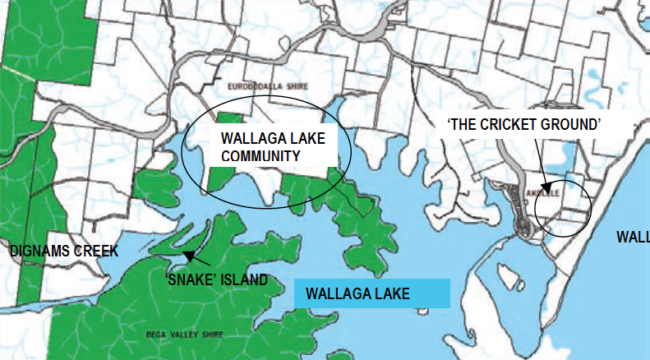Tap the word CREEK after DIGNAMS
point(96,250)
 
